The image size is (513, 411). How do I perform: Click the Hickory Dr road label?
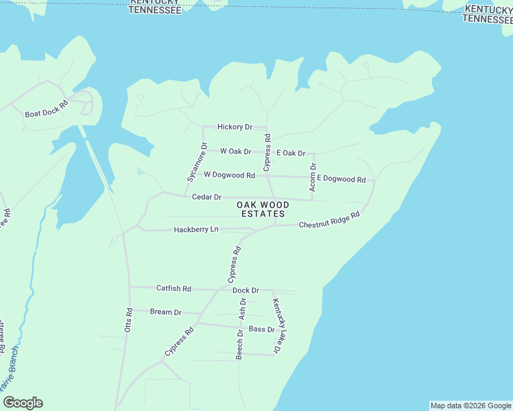pyautogui.click(x=235, y=127)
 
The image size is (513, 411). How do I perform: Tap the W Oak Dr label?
pyautogui.click(x=235, y=151)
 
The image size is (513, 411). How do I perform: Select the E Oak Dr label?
pyautogui.click(x=290, y=153)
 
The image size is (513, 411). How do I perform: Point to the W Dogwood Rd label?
pyautogui.click(x=229, y=175)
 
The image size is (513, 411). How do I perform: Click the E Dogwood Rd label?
pyautogui.click(x=341, y=179)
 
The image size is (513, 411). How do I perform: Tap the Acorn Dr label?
pyautogui.click(x=313, y=176)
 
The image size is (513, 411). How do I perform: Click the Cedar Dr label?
pyautogui.click(x=206, y=197)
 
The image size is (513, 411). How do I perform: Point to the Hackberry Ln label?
pyautogui.click(x=195, y=229)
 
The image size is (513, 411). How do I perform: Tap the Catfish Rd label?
pyautogui.click(x=173, y=288)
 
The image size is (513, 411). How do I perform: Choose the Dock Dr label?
pyautogui.click(x=246, y=290)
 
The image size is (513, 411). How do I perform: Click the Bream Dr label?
pyautogui.click(x=165, y=312)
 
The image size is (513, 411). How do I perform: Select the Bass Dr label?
pyautogui.click(x=261, y=329)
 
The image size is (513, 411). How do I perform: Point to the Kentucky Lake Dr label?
pyautogui.click(x=277, y=327)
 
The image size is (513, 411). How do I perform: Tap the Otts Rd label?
pyautogui.click(x=128, y=319)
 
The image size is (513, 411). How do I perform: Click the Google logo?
pyautogui.click(x=23, y=403)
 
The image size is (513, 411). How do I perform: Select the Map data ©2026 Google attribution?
pyautogui.click(x=470, y=406)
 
